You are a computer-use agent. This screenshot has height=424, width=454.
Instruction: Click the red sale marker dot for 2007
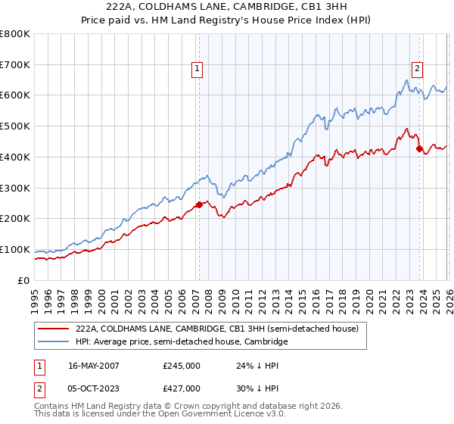coord(199,204)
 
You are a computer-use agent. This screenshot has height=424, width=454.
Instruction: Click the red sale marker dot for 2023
coord(419,148)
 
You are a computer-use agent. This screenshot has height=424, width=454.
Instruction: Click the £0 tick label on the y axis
coord(24,280)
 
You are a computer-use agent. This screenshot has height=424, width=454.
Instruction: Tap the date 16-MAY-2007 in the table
coord(94,365)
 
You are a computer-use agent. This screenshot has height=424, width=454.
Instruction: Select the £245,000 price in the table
coord(182,365)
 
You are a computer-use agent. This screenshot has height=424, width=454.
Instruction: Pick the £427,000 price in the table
coord(182,388)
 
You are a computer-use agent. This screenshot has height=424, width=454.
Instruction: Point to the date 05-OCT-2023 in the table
coord(94,388)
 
